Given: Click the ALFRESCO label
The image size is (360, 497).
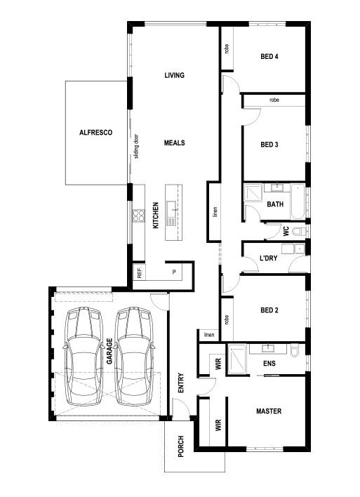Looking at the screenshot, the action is click(95, 133).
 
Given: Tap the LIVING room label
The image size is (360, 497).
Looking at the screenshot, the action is click(174, 75).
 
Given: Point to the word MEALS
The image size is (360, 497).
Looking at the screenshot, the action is click(174, 143).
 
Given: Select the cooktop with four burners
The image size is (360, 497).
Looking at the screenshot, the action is click(138, 216).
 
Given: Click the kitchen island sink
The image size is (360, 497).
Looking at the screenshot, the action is click(171, 207).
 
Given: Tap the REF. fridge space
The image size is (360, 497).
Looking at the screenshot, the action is click(139, 272).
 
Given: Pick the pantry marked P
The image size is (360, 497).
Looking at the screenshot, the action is click(174, 272).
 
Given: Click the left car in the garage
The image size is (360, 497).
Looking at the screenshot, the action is click(84, 356).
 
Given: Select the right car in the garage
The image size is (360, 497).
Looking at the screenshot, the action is click(134, 356).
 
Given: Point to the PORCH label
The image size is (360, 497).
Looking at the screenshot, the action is click(180, 446).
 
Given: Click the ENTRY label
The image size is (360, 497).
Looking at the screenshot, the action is click(181, 383).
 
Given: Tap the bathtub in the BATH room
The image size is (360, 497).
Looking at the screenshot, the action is click(298, 201).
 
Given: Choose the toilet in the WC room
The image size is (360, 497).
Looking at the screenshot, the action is click(298, 232).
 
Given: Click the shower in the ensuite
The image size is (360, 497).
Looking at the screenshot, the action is click(236, 359).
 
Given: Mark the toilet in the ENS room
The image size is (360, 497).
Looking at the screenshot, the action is click(295, 351).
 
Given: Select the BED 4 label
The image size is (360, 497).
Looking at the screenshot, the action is click(269, 56).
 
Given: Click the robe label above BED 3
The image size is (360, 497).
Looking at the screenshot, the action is click(274, 100).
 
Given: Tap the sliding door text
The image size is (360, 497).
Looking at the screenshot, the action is click(136, 147).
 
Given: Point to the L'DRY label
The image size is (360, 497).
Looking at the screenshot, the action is click(268, 258).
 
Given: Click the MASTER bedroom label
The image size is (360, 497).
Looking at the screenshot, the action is click(269, 411).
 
